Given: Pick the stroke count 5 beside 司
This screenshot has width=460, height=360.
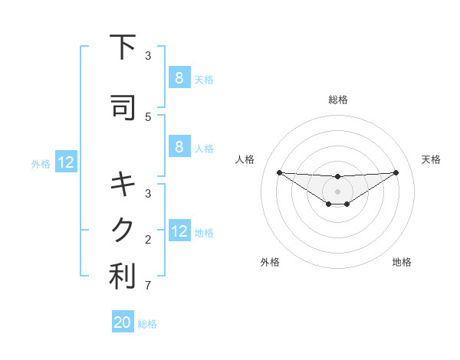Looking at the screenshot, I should (148, 116).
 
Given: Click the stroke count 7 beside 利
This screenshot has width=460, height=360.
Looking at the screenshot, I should (148, 286).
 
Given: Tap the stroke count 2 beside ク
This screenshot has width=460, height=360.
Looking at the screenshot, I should (148, 240).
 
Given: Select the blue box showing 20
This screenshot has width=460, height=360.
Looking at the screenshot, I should (123, 322).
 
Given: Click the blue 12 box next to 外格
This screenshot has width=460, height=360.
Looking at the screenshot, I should (65, 162).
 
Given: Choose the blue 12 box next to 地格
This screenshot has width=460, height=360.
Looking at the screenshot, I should (179, 231).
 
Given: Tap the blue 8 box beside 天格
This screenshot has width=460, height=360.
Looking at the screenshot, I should (179, 77).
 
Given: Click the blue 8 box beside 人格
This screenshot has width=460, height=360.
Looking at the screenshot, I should (179, 147).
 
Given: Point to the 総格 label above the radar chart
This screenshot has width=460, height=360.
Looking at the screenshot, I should (337, 100).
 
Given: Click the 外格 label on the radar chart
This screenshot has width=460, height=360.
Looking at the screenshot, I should (270, 263).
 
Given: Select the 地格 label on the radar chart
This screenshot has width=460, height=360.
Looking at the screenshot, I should (402, 263).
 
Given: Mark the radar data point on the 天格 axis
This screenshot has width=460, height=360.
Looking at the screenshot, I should (396, 172).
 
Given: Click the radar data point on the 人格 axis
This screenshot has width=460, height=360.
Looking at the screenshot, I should (279, 172).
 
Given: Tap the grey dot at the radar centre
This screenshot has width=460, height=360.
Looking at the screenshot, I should (337, 191).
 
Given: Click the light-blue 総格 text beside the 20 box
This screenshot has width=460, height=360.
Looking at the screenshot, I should (147, 324).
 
